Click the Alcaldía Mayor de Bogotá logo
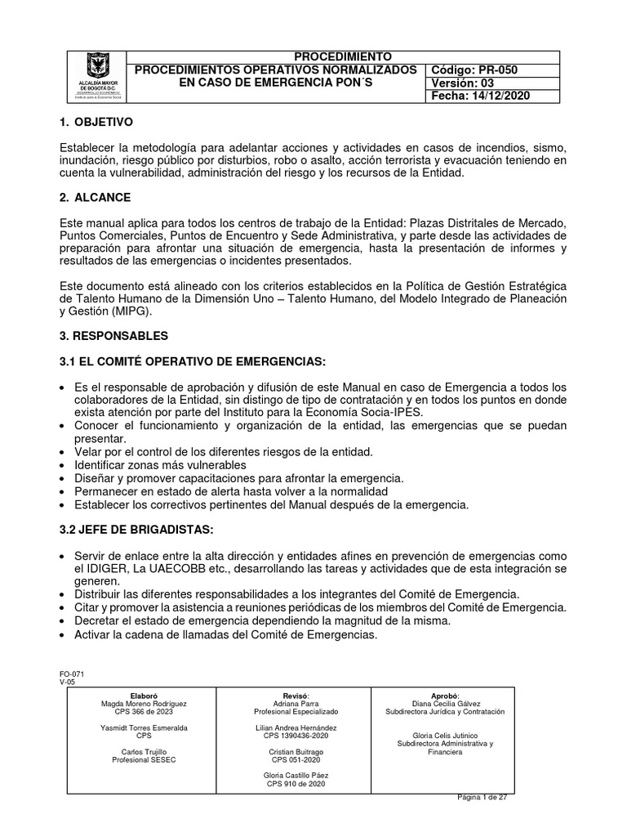tap(99, 76)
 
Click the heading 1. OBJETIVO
tap(96, 122)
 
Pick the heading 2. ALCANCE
tap(96, 198)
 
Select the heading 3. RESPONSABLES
tap(114, 335)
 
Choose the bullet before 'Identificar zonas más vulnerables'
tap(64, 464)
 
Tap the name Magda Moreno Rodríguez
tap(144, 703)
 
